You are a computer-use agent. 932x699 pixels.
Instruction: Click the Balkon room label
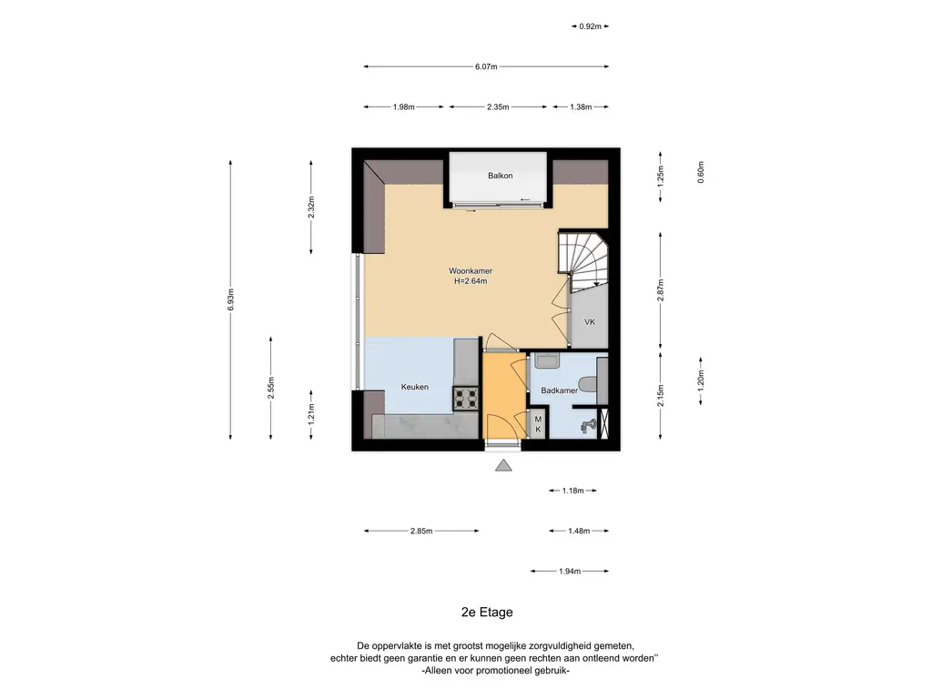click(500, 176)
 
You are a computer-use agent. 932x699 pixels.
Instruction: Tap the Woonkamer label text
click(471, 271)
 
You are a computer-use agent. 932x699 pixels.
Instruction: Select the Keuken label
click(414, 387)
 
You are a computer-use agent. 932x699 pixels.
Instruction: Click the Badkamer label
click(559, 390)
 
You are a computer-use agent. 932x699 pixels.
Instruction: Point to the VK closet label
click(590, 322)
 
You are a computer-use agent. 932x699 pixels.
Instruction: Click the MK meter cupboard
click(538, 424)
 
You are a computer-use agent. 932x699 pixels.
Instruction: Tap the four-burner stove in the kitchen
click(466, 399)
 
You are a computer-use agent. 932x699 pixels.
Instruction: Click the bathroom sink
click(547, 360)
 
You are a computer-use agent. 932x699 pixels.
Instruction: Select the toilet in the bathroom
click(587, 385)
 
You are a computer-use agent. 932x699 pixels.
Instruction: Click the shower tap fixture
click(588, 426)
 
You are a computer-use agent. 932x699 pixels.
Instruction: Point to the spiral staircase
click(583, 259)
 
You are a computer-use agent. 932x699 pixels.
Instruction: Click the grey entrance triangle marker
click(503, 465)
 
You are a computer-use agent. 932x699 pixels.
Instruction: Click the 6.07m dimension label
click(486, 66)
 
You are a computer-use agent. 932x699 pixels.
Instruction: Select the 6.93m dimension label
click(230, 299)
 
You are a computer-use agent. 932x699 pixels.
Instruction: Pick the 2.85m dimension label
click(420, 531)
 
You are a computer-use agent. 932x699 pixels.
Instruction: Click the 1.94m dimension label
click(570, 572)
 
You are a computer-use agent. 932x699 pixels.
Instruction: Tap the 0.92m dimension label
click(590, 26)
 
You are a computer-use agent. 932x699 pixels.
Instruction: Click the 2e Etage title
click(487, 613)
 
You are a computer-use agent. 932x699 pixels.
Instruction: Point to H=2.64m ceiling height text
click(471, 281)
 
